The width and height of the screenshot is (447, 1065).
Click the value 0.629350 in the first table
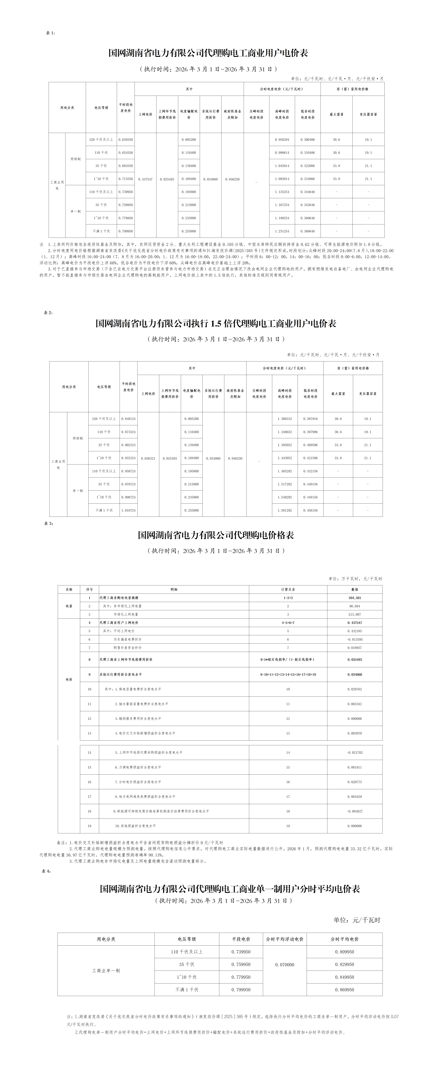[x=126, y=140]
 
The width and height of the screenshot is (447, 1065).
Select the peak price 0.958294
[x=282, y=140]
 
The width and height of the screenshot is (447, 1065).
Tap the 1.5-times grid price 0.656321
[x=148, y=458]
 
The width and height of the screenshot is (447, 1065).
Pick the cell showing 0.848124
[x=128, y=419]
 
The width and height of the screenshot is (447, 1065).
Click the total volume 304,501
[x=354, y=598]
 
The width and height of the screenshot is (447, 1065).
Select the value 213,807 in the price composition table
[x=354, y=614]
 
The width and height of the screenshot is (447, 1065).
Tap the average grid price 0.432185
[x=354, y=631]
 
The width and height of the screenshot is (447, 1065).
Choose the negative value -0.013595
[x=354, y=639]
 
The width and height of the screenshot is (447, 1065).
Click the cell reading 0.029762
[x=354, y=689]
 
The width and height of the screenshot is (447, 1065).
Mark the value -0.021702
[x=354, y=752]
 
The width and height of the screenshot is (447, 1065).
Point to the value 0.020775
[x=354, y=782]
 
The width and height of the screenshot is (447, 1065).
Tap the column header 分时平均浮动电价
[x=285, y=939]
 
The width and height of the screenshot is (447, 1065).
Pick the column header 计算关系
[x=288, y=589]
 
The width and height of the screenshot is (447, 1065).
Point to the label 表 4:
[x=46, y=871]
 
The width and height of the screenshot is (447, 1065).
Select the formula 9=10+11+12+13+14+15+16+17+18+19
[x=288, y=674]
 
